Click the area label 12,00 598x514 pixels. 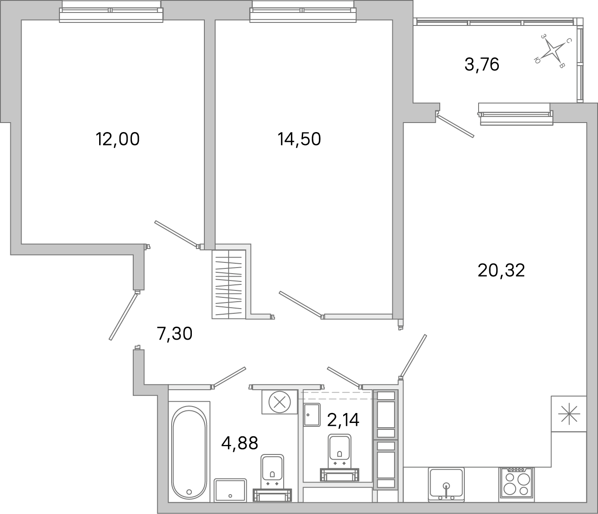click(118, 139)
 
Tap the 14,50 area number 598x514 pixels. click(299, 139)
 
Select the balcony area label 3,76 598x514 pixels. click(482, 65)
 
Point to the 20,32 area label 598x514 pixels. click(501, 271)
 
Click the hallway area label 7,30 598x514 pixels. click(174, 334)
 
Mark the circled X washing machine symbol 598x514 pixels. click(279, 403)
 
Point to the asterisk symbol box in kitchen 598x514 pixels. click(569, 414)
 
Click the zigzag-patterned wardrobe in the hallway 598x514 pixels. click(229, 284)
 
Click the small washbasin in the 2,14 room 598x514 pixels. click(311, 414)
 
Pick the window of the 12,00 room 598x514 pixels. click(111, 11)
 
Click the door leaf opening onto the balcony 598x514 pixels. click(455, 126)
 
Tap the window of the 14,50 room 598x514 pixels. click(304, 11)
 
